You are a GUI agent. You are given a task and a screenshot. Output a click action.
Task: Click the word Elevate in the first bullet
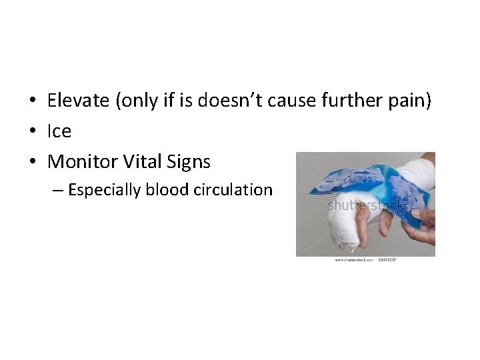pyautogui.click(x=79, y=101)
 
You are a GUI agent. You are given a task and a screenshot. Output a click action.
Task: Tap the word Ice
pyautogui.click(x=59, y=132)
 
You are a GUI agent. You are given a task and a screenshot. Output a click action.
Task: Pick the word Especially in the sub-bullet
pyautogui.click(x=105, y=191)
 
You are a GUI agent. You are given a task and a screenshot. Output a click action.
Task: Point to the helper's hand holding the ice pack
pyautogui.click(x=420, y=227)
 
